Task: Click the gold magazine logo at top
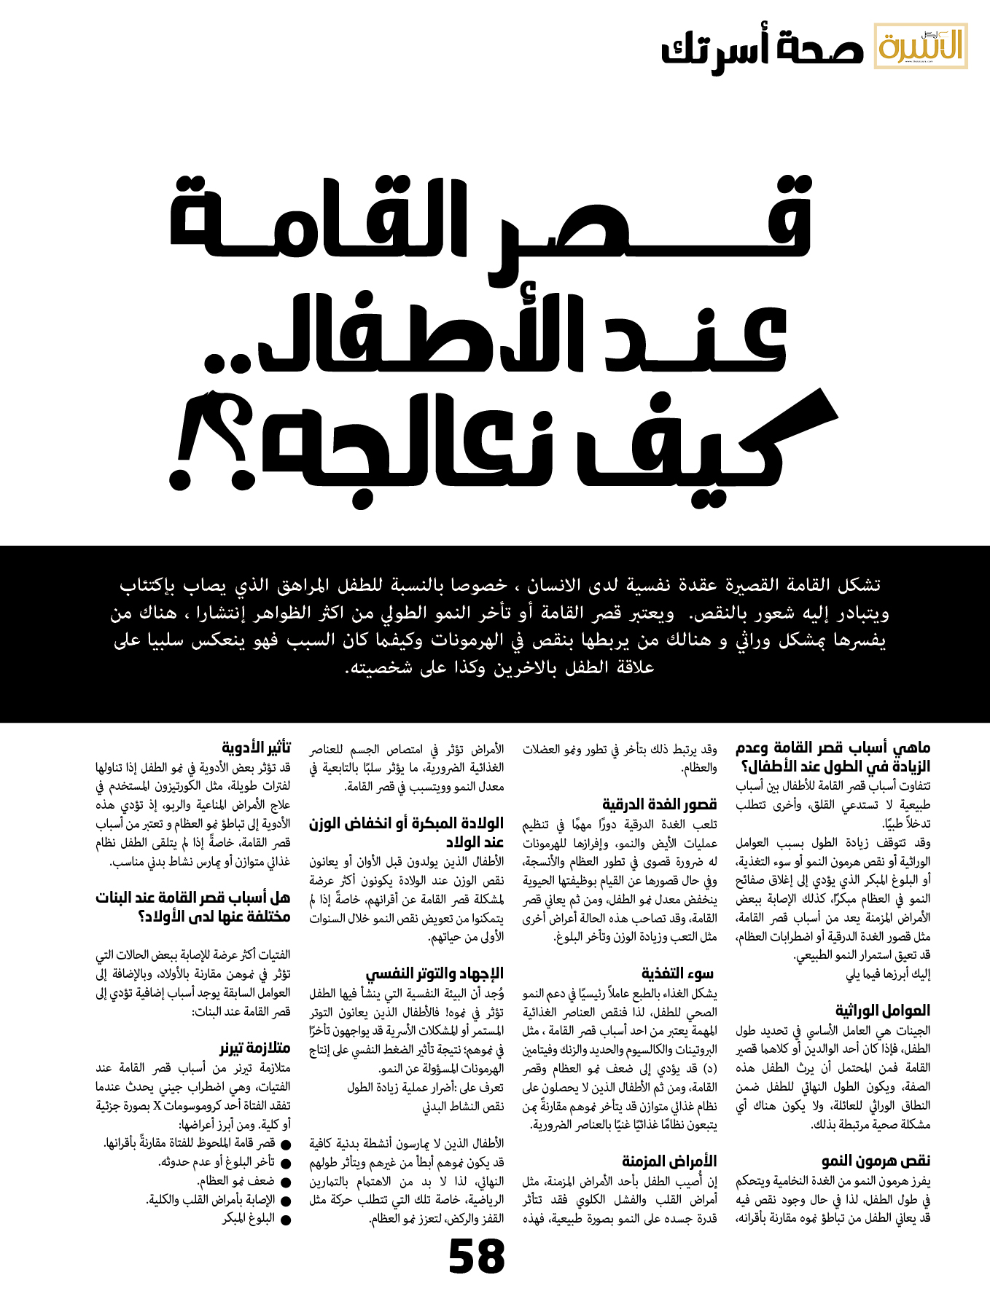tap(921, 46)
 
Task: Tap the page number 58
tap(477, 1257)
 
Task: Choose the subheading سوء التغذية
tap(677, 973)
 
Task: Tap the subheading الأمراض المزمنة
tap(669, 1161)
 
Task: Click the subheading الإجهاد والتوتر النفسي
tap(434, 973)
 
